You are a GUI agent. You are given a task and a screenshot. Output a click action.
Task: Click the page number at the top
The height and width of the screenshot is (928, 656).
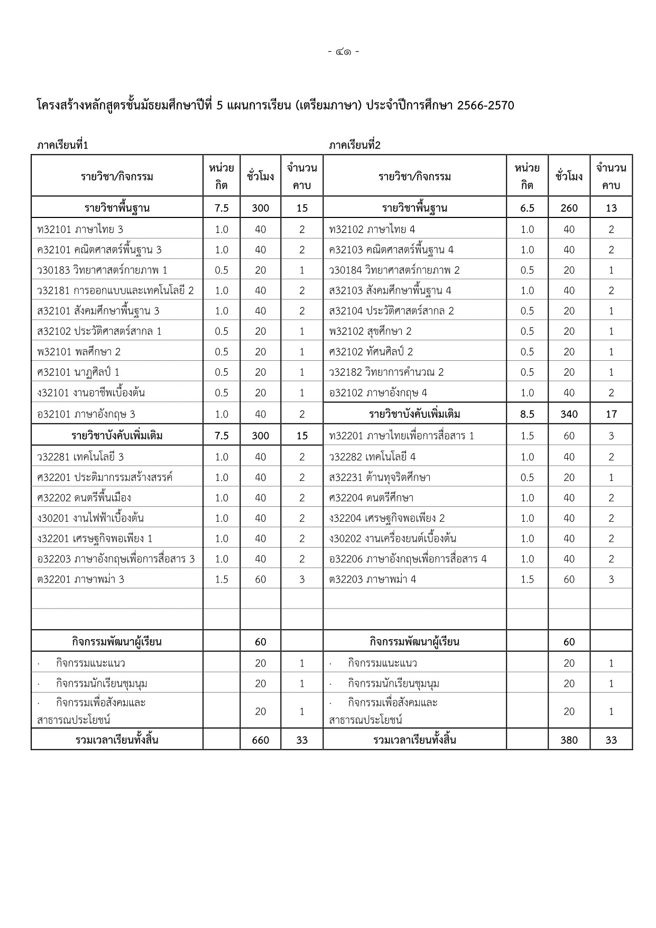pyautogui.click(x=343, y=52)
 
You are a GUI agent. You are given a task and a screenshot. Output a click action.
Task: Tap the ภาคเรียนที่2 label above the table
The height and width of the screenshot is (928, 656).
pyautogui.click(x=354, y=145)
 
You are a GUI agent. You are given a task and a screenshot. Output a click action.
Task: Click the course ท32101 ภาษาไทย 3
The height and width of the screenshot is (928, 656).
pyautogui.click(x=80, y=229)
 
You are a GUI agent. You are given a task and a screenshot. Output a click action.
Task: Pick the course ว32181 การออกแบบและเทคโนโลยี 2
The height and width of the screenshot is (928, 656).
pyautogui.click(x=115, y=290)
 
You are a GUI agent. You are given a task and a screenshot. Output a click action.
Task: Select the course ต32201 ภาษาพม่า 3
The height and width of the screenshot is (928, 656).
pyautogui.click(x=80, y=579)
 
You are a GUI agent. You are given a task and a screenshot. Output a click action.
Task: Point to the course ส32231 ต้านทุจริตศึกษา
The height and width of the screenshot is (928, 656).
pyautogui.click(x=379, y=477)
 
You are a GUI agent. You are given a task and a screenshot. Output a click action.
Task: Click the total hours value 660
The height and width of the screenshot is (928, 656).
pyautogui.click(x=261, y=740)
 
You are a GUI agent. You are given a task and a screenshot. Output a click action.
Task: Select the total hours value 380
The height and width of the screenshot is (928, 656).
pyautogui.click(x=569, y=740)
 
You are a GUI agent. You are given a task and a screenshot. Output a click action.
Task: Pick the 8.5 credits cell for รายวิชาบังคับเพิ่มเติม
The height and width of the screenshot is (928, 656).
pyautogui.click(x=527, y=414)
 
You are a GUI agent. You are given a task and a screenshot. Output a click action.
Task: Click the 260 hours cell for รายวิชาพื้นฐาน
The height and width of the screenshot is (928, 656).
pyautogui.click(x=569, y=208)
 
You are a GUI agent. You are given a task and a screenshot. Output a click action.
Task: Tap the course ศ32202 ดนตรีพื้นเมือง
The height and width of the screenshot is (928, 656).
pyautogui.click(x=84, y=498)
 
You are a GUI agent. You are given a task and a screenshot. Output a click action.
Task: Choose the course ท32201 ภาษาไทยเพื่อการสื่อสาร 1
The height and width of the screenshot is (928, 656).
pyautogui.click(x=401, y=436)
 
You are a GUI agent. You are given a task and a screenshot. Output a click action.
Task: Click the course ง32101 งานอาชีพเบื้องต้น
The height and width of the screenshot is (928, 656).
pyautogui.click(x=91, y=393)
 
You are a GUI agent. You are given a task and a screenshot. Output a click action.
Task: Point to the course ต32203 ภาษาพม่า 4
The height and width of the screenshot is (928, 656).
pyautogui.click(x=372, y=579)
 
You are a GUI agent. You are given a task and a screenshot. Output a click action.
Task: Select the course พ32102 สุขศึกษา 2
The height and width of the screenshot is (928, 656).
pyautogui.click(x=370, y=331)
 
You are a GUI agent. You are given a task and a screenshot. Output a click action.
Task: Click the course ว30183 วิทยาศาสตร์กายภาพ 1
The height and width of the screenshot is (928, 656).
pyautogui.click(x=102, y=270)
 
